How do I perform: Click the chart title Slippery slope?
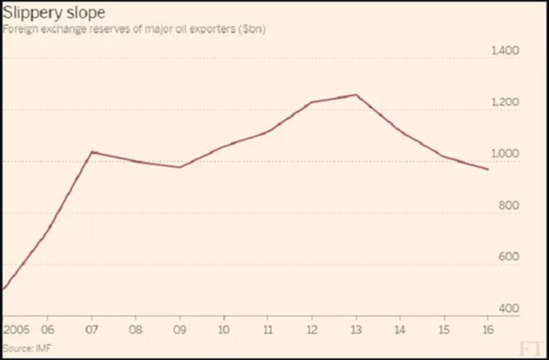coord(44,15)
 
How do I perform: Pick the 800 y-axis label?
coord(509,207)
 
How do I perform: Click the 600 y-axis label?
coord(509,258)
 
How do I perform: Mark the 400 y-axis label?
coord(509,309)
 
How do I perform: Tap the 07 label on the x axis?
coord(92,328)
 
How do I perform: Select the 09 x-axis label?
coord(179,328)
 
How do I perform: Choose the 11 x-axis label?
coord(268,328)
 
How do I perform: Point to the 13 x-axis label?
coord(355,328)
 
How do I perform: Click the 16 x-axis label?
coord(487,328)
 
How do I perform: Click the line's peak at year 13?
coord(355,95)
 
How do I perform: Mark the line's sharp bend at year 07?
coord(92,152)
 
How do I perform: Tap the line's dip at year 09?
coord(179,167)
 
